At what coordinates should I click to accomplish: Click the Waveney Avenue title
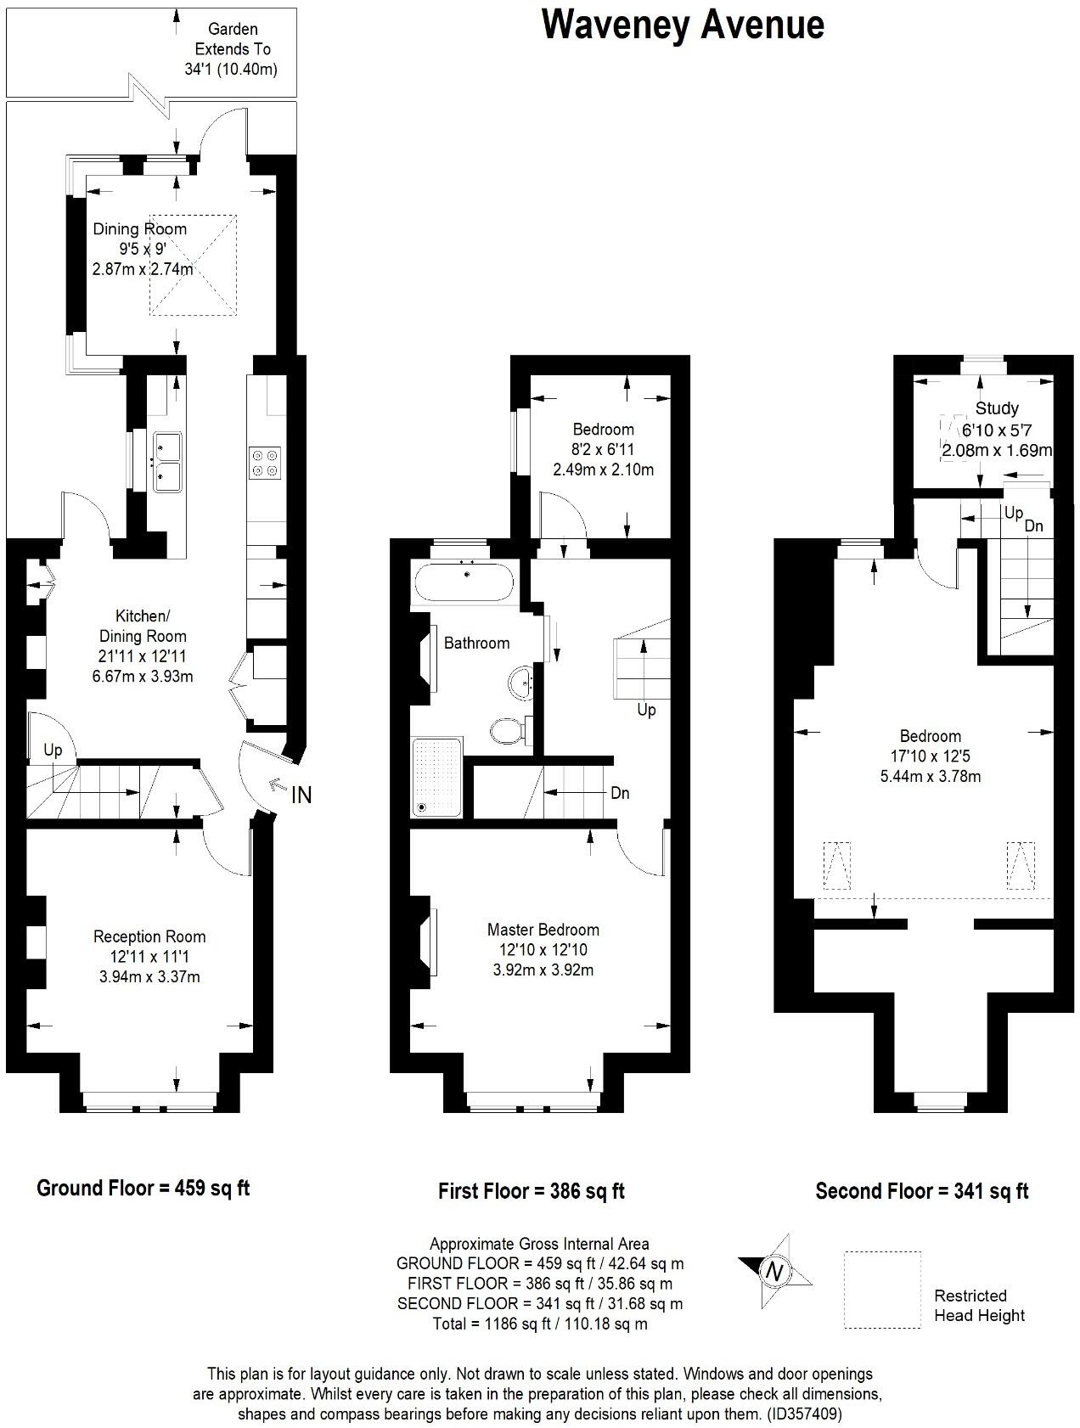click(683, 25)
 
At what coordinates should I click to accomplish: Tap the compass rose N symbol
click(774, 1271)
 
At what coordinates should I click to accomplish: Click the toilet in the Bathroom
click(505, 730)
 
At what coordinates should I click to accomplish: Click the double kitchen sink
click(167, 461)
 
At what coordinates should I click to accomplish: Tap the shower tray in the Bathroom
click(437, 777)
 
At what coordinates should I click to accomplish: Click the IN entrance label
click(301, 796)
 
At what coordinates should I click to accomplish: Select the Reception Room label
click(149, 936)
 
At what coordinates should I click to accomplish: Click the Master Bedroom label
click(543, 930)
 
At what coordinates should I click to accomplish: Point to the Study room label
click(997, 408)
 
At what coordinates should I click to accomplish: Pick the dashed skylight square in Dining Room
click(194, 265)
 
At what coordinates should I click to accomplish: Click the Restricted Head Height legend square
click(882, 1289)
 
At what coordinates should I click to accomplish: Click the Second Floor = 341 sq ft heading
click(921, 1190)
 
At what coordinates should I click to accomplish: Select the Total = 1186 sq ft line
click(539, 1323)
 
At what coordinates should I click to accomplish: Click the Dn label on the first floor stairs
click(620, 792)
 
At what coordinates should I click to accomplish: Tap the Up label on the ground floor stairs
click(53, 751)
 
